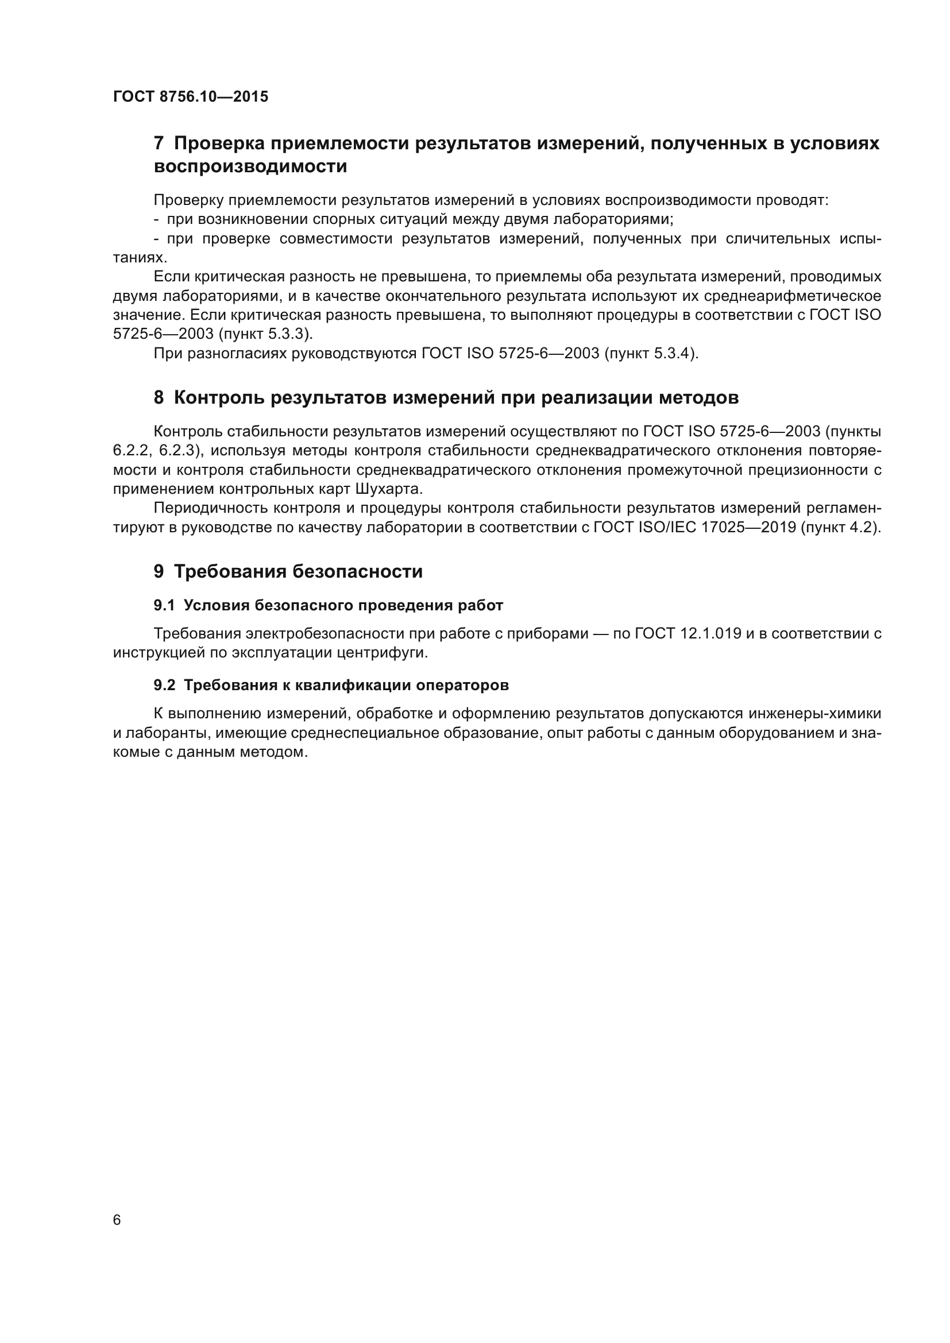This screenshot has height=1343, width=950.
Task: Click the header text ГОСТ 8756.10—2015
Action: (x=191, y=96)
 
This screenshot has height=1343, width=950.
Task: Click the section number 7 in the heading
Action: (x=159, y=144)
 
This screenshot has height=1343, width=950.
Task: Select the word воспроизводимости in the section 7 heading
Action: (x=250, y=167)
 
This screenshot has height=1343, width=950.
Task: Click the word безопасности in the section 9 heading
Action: (x=357, y=571)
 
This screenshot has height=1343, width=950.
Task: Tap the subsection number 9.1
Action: (x=164, y=605)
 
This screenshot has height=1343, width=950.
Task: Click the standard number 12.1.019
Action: (x=710, y=633)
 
